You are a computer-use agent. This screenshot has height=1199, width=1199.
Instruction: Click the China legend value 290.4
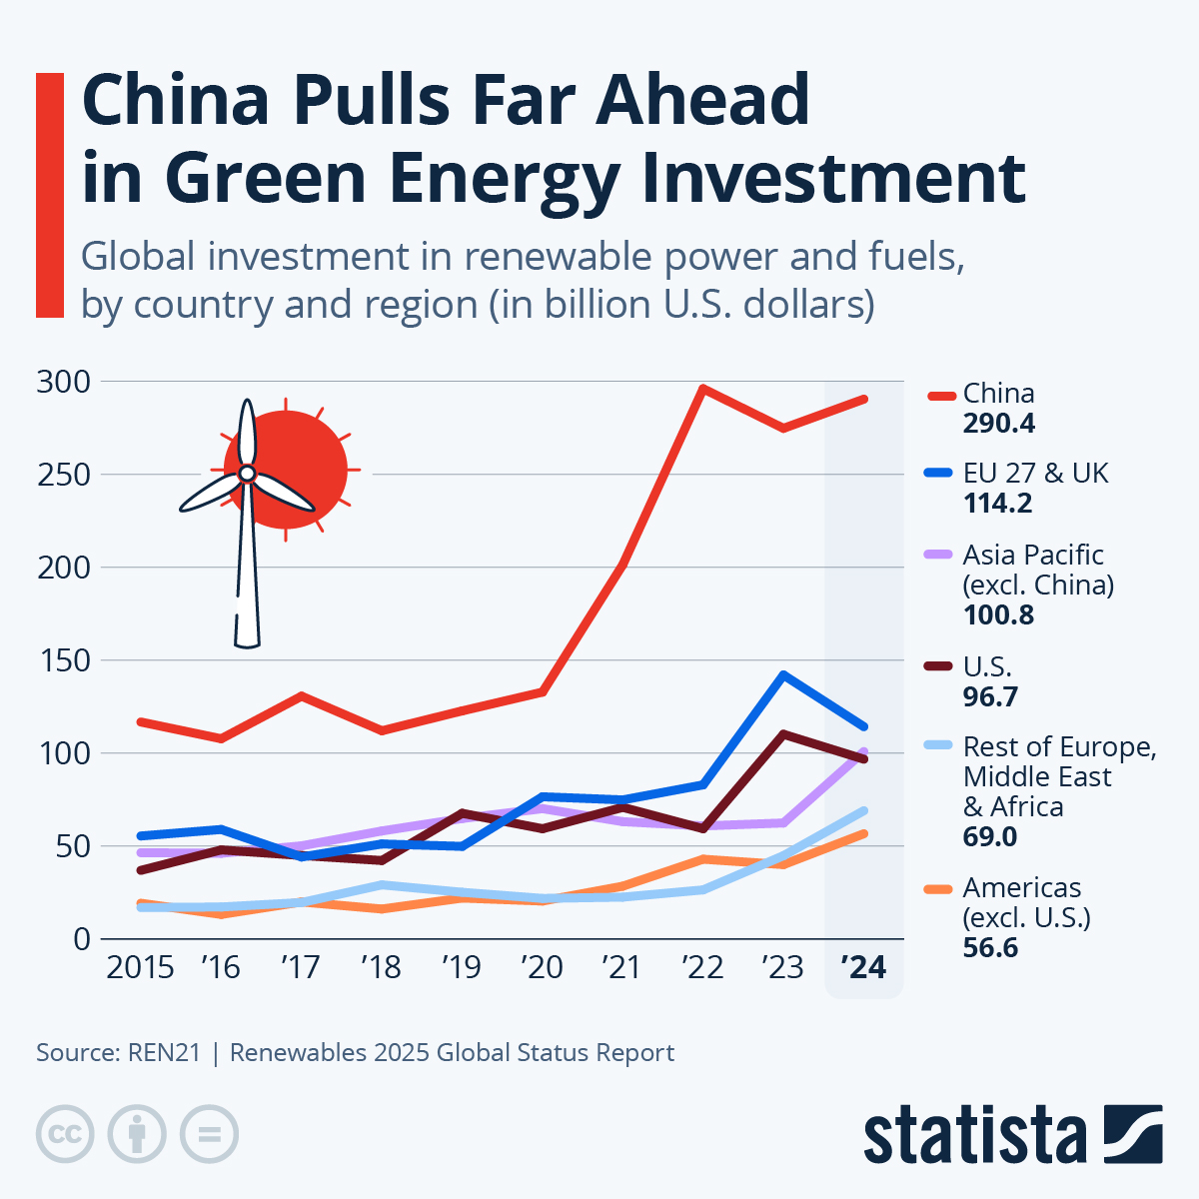point(998,424)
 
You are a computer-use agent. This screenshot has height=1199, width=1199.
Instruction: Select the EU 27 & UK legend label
point(1035,473)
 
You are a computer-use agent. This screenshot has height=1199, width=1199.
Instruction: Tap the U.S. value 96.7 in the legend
point(990,696)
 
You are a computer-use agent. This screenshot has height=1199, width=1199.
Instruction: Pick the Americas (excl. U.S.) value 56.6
point(990,947)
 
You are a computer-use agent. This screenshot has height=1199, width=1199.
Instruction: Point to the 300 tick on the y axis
point(63,382)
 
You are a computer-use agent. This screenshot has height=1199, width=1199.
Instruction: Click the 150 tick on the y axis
point(63,660)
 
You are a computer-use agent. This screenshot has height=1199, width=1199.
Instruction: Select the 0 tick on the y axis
point(81,939)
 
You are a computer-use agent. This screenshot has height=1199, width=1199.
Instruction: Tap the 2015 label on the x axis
point(140,967)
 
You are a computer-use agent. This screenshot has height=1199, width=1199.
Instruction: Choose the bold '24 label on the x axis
point(863,967)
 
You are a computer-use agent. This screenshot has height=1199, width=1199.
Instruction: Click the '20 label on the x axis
point(542,967)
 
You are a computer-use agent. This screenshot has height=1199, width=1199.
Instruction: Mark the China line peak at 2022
point(703,389)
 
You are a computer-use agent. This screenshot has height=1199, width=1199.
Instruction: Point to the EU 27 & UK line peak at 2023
point(784,675)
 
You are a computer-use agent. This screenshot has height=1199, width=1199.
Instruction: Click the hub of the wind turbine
point(247,473)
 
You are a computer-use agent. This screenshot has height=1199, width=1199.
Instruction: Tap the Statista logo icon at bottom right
point(1132,1134)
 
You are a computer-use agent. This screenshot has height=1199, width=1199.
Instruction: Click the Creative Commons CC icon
point(65,1134)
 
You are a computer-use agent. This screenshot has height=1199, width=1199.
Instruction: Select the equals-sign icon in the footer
point(209,1134)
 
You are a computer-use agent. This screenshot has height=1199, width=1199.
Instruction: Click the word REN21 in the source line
point(164,1053)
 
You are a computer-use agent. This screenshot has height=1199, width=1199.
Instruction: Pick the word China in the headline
point(175,100)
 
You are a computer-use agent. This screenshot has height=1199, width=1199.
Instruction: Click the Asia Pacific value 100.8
point(998,614)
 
